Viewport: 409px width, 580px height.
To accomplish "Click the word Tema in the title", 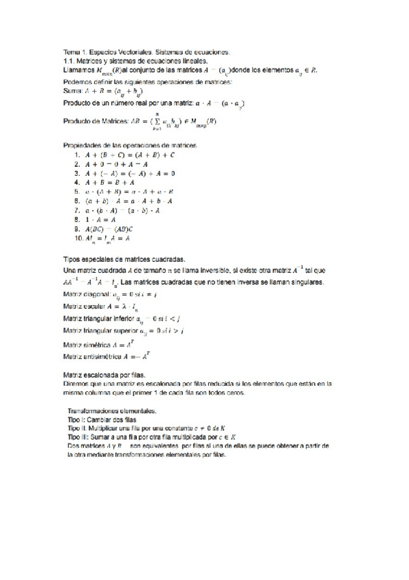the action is coord(71,52).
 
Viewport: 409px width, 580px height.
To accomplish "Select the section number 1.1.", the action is coord(68,60).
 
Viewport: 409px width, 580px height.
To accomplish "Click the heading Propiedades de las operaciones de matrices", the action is coord(130,146).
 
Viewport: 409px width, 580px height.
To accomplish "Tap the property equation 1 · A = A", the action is coord(101,220).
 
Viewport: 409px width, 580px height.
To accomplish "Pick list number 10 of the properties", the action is coord(79,239).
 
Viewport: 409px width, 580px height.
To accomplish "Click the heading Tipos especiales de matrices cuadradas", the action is coord(123,261).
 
